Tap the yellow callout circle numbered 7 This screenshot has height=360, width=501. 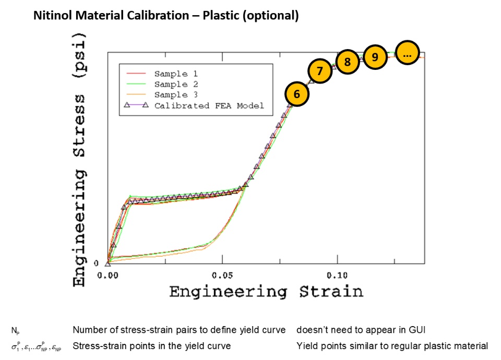(x=320, y=71)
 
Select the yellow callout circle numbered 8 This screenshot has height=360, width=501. (x=348, y=62)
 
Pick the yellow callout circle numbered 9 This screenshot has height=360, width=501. (x=375, y=56)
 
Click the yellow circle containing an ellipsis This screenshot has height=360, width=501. (x=408, y=53)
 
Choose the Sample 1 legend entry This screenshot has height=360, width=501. (x=176, y=74)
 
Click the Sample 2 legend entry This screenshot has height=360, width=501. (x=176, y=84)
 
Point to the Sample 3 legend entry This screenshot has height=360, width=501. (x=176, y=94)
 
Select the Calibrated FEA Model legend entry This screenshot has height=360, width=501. (x=209, y=105)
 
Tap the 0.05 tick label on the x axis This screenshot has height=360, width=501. (x=223, y=273)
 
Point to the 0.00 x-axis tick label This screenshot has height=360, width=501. (x=108, y=273)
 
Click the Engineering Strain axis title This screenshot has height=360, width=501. (x=266, y=291)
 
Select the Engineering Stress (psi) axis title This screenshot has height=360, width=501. (x=79, y=159)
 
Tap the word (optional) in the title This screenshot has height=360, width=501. (x=273, y=16)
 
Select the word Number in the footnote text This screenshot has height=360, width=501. (x=88, y=330)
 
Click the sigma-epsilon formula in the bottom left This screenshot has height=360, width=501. (x=36, y=346)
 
